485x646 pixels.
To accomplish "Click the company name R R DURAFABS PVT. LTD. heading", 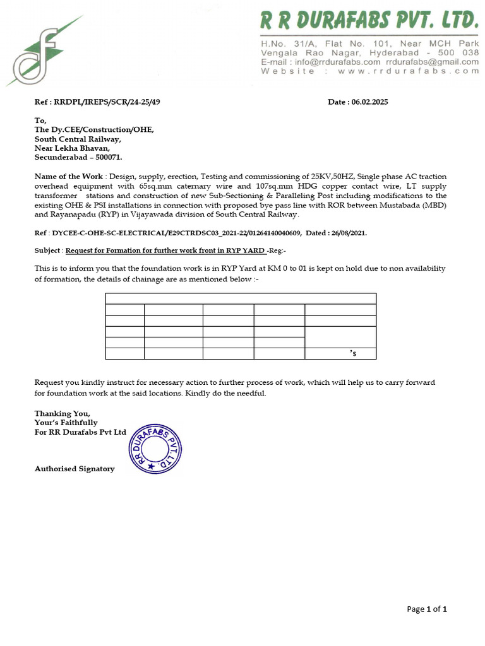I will tap(369, 23).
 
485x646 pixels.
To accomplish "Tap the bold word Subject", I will tap(48, 250).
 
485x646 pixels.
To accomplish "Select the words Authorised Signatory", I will tap(75, 469).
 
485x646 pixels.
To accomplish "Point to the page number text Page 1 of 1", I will tap(427, 609).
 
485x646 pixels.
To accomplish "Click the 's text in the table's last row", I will tap(353, 354).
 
